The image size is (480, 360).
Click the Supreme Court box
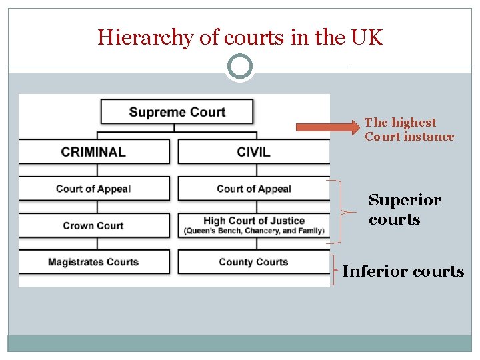(x=177, y=112)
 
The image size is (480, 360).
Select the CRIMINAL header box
(x=93, y=151)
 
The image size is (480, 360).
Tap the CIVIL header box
(x=253, y=151)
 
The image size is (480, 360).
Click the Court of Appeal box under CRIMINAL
(x=93, y=189)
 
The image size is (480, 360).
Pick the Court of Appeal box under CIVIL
(x=253, y=189)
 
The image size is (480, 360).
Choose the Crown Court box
(x=93, y=225)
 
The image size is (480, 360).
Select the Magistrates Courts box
(x=93, y=262)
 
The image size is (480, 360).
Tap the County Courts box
(x=253, y=262)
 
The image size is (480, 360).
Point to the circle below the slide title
(x=240, y=67)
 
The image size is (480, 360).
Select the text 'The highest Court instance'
(x=409, y=129)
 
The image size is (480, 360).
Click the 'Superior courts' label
(x=405, y=209)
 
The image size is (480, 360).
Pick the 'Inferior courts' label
(x=403, y=271)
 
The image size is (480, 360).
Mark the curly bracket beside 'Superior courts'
(x=340, y=212)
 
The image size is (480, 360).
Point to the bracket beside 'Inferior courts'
(x=333, y=270)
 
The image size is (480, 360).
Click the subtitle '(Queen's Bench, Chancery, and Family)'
(x=254, y=231)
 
